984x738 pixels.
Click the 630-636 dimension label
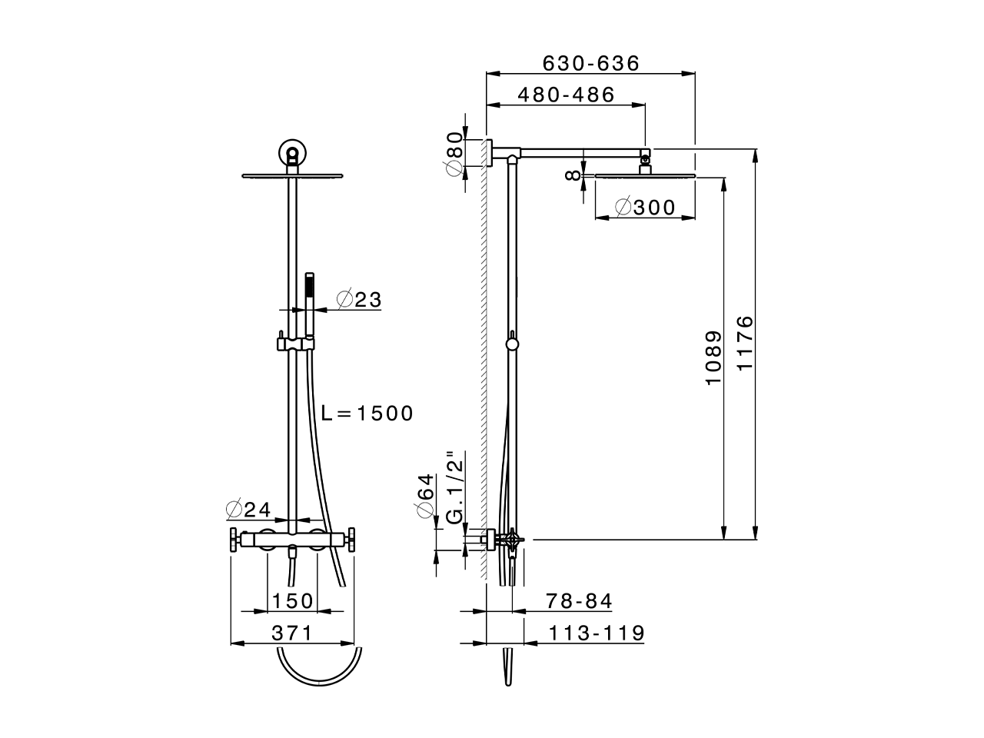tap(590, 63)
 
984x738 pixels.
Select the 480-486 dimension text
tap(566, 95)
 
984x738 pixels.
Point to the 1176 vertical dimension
tap(744, 343)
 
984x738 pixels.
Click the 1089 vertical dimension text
tap(713, 358)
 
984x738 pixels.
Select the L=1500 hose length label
tap(367, 414)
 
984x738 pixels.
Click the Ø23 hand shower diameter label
tap(359, 300)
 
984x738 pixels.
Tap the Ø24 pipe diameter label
tap(248, 509)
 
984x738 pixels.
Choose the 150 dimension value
tap(292, 600)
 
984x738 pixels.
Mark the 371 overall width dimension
tap(292, 633)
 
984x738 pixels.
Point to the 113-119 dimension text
tap(597, 633)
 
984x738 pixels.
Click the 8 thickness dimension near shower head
tap(571, 175)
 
